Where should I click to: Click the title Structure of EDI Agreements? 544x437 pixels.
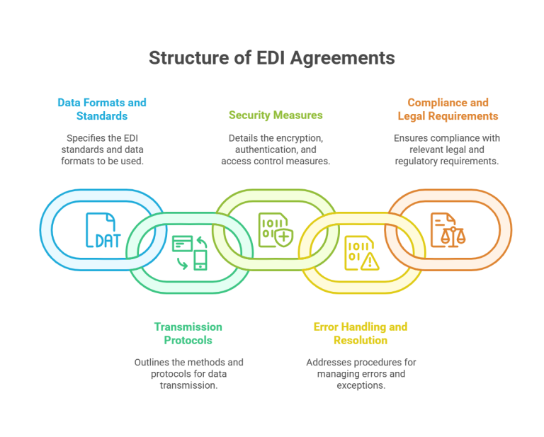tap(271, 58)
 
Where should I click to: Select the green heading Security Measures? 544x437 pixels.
tap(276, 115)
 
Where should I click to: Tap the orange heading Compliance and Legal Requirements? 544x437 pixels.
tap(447, 108)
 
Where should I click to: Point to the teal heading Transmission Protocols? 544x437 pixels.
tap(188, 333)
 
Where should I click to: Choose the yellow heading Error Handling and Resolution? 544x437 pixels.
tap(360, 333)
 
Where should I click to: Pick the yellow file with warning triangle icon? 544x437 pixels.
tap(361, 254)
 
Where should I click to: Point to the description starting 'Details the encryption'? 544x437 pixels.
tap(276, 149)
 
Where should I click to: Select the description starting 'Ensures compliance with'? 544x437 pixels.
tap(447, 149)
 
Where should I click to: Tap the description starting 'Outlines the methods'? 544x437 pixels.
tap(188, 374)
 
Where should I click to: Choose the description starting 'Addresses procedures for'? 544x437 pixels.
tap(361, 374)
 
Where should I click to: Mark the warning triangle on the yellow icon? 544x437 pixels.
tap(370, 261)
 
